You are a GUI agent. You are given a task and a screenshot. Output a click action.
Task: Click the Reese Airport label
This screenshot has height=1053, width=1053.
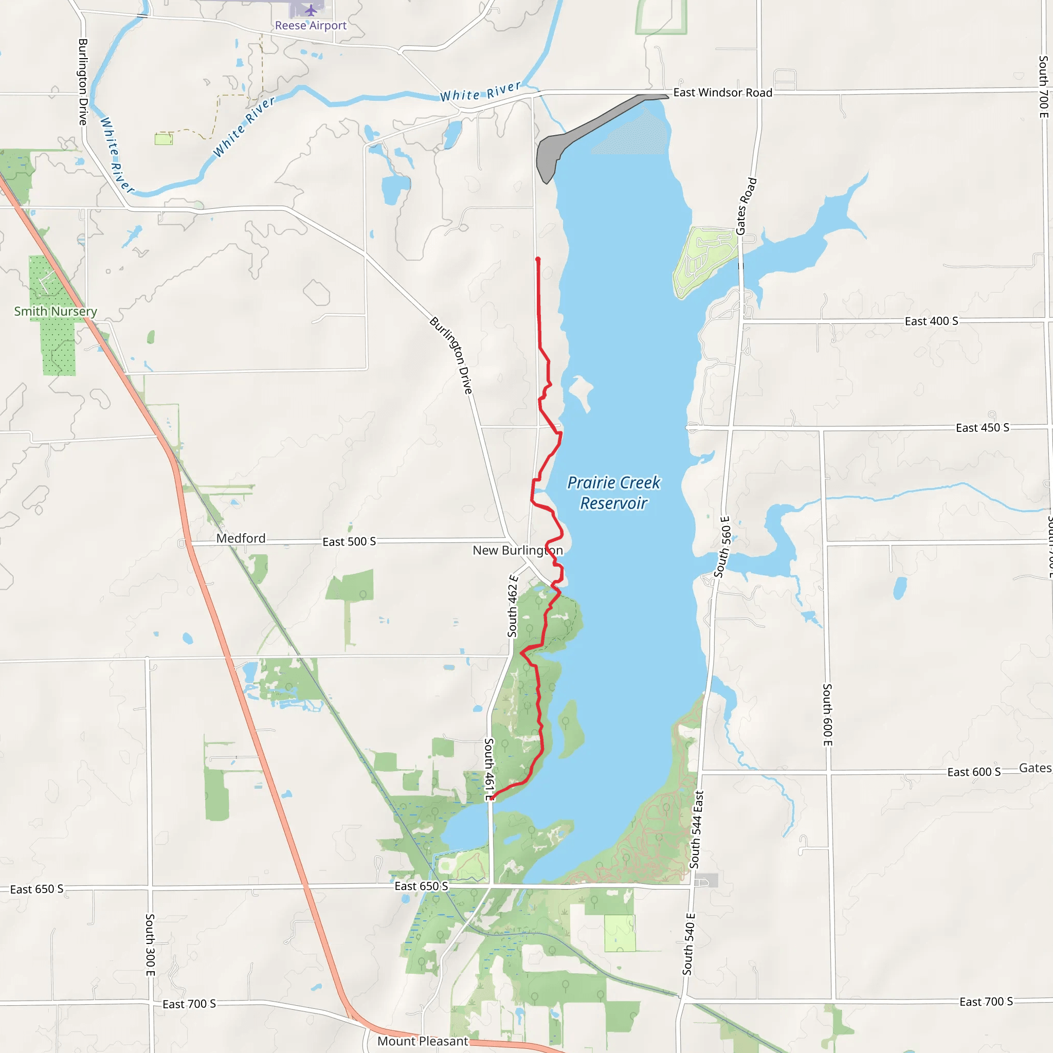(310, 26)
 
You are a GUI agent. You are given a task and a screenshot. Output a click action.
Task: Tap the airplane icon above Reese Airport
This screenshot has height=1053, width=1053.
(311, 10)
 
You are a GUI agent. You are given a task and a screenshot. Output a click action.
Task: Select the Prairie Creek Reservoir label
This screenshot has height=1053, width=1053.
(614, 493)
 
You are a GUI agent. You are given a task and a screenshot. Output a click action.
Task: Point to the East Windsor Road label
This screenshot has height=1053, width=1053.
(723, 93)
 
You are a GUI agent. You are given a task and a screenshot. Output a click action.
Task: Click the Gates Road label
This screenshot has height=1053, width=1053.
(746, 206)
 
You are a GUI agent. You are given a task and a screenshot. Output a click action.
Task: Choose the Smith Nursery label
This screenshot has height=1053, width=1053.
(56, 311)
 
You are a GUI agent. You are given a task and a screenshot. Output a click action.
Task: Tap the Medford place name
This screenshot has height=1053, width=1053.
(241, 538)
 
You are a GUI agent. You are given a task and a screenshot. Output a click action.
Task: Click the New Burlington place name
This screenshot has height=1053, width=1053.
(518, 551)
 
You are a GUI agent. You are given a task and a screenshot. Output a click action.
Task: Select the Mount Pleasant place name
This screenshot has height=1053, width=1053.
(423, 1042)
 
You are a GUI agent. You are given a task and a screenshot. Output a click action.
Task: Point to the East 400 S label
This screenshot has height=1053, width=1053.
(932, 321)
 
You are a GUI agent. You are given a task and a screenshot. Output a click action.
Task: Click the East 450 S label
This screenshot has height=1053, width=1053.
(983, 428)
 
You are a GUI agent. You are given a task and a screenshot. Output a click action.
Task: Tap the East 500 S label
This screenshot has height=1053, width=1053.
(349, 542)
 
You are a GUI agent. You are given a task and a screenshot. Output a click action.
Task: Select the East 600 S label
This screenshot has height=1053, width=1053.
(974, 772)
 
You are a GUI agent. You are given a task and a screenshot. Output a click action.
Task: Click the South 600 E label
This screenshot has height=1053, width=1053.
(827, 715)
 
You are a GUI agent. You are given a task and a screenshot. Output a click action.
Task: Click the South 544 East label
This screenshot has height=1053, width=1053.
(697, 829)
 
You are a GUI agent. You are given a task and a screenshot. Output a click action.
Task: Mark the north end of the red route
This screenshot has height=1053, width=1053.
(538, 260)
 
